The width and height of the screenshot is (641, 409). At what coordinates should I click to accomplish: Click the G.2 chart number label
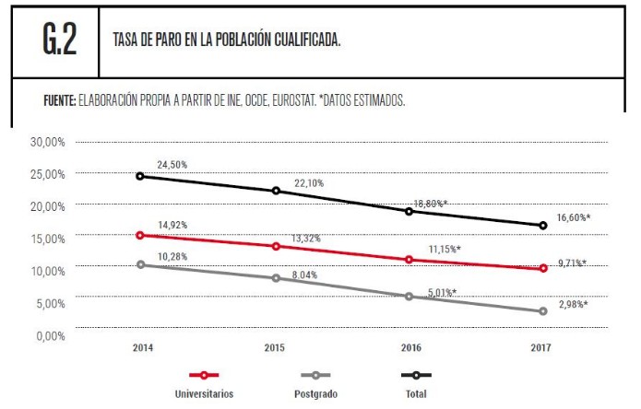58,41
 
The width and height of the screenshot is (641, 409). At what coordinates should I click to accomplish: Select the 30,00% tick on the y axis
45,142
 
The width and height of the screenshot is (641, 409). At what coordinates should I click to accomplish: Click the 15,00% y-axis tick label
45,239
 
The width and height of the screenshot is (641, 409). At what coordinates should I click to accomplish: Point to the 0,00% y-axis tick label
48,335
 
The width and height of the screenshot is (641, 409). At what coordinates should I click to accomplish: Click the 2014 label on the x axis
142,349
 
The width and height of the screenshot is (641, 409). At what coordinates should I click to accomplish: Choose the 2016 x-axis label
409,349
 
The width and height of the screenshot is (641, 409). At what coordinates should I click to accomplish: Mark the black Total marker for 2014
140,175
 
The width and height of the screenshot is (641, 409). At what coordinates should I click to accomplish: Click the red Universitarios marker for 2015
274,246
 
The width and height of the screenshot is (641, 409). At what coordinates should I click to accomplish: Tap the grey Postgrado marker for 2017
542,311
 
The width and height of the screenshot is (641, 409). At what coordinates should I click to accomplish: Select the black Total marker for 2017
542,226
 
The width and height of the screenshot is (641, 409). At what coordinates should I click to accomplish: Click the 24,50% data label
172,164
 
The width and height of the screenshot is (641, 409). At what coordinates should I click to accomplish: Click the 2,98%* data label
573,303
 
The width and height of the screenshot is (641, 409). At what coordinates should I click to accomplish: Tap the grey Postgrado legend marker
315,376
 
